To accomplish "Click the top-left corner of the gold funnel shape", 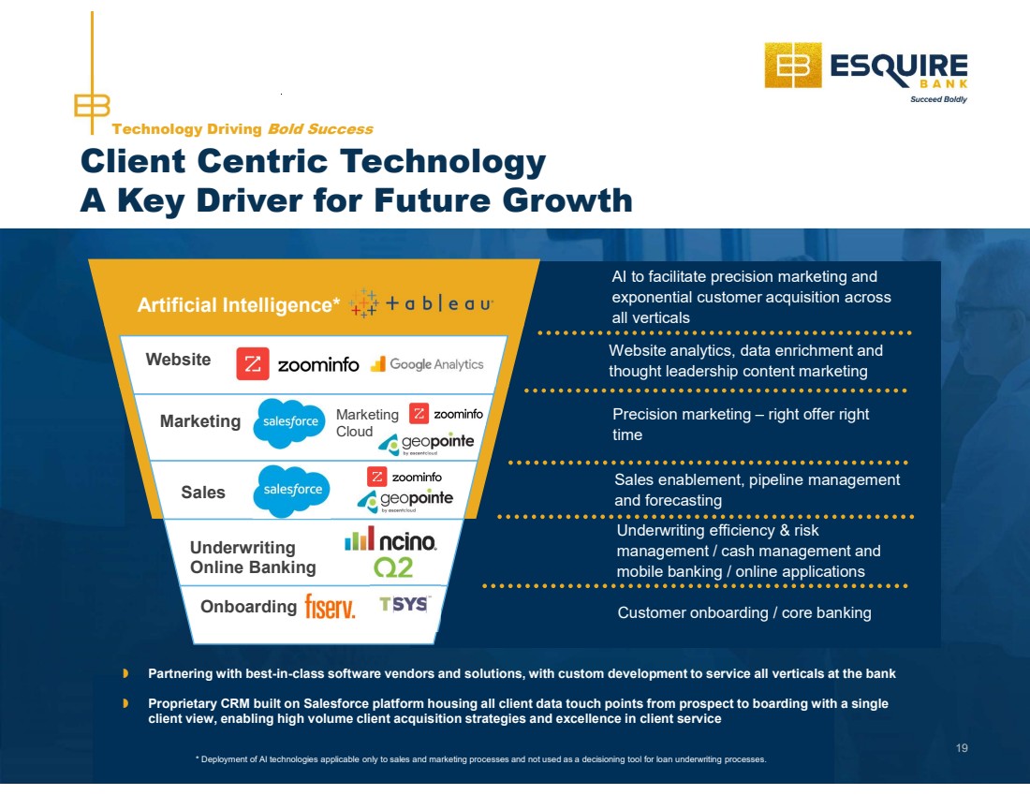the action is click(88, 259).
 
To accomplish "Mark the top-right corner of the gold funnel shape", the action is click(539, 259).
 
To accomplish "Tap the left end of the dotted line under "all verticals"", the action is click(540, 333).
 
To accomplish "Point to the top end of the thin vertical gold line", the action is click(92, 12).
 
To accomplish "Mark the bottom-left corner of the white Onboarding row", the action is click(194, 643).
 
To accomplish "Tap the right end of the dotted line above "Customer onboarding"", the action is click(905, 585).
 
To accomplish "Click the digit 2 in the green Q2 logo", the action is click(404, 567).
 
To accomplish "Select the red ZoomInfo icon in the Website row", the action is click(253, 364).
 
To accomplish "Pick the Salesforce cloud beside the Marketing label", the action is click(289, 422).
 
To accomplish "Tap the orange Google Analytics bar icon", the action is click(377, 364).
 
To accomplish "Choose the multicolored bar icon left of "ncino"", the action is click(360, 538).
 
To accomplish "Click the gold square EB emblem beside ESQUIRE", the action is click(793, 65).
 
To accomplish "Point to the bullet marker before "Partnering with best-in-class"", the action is click(125, 673).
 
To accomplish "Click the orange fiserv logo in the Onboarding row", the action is click(330, 607).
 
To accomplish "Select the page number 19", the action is click(962, 747).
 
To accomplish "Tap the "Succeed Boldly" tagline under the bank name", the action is click(938, 99).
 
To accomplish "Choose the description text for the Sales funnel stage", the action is click(757, 490).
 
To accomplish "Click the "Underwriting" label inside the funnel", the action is click(243, 548).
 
